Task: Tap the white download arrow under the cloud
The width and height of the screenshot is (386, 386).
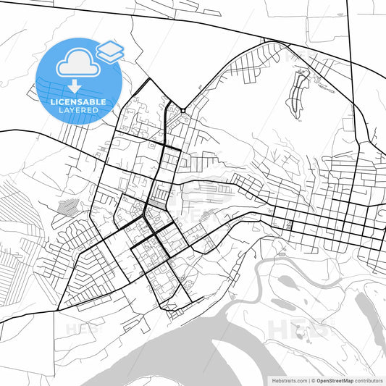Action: click(75, 86)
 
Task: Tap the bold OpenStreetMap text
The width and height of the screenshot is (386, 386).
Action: click(334, 380)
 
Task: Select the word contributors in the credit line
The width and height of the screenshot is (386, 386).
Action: click(369, 380)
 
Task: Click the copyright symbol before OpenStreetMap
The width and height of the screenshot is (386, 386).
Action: click(313, 380)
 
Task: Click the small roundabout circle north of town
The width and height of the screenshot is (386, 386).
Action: click(184, 111)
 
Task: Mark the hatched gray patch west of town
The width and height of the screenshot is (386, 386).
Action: click(66, 207)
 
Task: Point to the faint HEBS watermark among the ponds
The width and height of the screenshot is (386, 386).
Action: click(297, 330)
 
